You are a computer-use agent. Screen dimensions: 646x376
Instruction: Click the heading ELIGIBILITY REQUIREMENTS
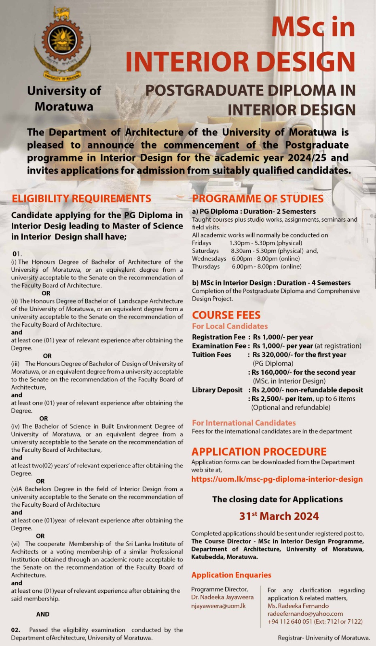[x=81, y=199]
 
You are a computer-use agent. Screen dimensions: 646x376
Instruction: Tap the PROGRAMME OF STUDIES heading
[x=258, y=199]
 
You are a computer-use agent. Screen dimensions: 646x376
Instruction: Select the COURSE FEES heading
[x=226, y=315]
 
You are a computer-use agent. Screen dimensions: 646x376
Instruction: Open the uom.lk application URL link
[x=277, y=479]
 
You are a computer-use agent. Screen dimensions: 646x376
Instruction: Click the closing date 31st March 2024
[x=279, y=516]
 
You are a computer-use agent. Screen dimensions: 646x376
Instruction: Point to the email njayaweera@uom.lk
[x=218, y=606]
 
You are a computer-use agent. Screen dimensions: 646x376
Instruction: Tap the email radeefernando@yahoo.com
[x=305, y=614]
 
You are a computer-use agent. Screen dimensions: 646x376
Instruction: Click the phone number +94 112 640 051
[x=290, y=622]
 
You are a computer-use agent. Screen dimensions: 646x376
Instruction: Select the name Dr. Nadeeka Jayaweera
[x=222, y=598]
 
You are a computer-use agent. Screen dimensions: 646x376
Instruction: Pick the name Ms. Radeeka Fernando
[x=298, y=606]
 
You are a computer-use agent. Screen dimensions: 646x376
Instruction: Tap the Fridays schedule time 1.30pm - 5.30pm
[x=266, y=243]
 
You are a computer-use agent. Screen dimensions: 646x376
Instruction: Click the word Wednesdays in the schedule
[x=209, y=259]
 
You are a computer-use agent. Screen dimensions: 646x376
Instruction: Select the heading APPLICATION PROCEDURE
[x=259, y=452]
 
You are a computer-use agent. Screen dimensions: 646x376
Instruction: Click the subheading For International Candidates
[x=244, y=423]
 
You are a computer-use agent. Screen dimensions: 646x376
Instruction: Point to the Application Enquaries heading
[x=231, y=575]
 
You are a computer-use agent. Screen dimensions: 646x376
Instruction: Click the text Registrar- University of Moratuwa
[x=324, y=638]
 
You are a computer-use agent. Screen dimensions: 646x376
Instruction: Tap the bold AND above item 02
[x=43, y=615]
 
